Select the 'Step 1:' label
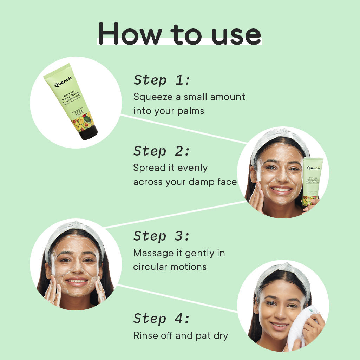pos(162,80)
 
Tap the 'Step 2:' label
pos(162,151)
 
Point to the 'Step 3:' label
pos(162,236)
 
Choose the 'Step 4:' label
pos(162,319)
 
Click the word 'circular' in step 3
pos(150,267)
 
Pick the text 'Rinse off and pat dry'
pos(181,335)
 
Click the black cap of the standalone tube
pos(88,132)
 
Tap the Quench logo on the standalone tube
pos(63,81)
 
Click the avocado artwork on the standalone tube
pos(83,122)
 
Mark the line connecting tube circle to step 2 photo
pos(183,129)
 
